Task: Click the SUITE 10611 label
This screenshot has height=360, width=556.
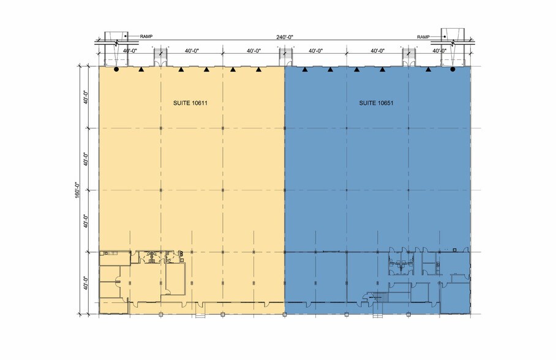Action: coord(190,103)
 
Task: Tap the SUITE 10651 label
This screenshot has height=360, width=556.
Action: coord(376,103)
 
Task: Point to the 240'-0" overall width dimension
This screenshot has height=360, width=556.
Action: coord(285,37)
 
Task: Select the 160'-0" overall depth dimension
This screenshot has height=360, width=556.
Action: coord(77,190)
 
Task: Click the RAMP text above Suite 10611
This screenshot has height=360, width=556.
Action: coord(146,37)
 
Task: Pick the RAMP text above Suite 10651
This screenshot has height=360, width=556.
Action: coord(423,37)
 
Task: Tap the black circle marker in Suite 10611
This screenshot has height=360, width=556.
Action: coord(116,70)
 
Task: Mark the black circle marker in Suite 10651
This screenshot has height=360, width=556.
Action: coord(453,70)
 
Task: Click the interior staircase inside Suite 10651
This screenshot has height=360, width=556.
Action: coord(377,296)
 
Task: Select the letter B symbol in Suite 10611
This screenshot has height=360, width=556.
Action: coord(181,254)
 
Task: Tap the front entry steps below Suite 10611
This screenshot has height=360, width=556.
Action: coord(200,317)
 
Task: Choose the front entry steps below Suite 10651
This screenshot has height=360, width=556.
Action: coord(378,317)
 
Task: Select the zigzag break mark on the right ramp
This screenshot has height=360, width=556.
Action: coord(453,43)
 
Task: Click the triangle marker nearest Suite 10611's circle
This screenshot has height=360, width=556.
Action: coord(141,70)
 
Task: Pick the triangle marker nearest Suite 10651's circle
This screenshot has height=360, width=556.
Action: coord(429,70)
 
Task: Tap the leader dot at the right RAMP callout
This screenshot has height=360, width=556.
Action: coord(445,37)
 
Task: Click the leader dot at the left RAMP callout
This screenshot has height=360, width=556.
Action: coord(125,36)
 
